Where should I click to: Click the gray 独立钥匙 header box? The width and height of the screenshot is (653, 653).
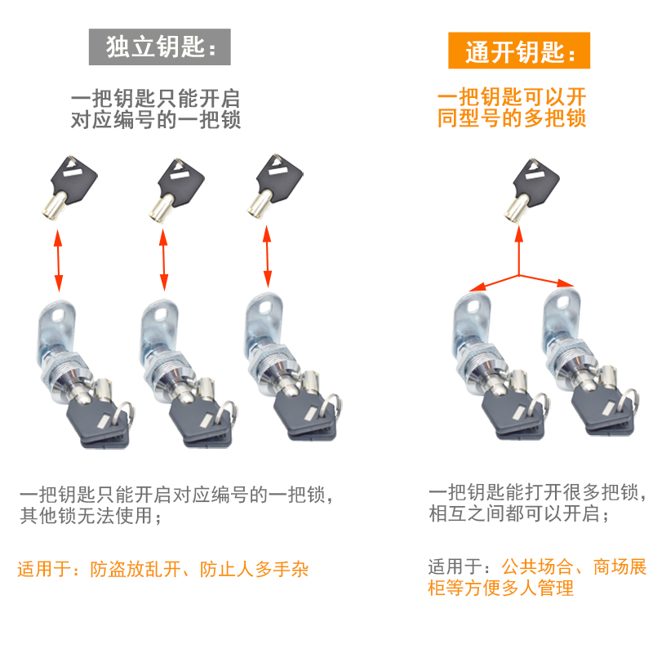coord(160,47)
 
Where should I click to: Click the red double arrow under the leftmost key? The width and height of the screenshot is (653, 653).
coord(58,260)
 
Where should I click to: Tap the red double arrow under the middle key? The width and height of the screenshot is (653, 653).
coord(163,260)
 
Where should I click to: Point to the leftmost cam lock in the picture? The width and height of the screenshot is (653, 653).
coord(78,371)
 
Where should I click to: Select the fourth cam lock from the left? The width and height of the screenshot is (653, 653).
coord(494,367)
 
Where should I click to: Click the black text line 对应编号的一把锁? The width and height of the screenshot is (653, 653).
coord(158,120)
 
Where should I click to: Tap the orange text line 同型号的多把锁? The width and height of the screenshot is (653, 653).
coord(512,118)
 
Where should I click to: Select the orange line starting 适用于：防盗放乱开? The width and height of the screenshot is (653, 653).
coord(163,569)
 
